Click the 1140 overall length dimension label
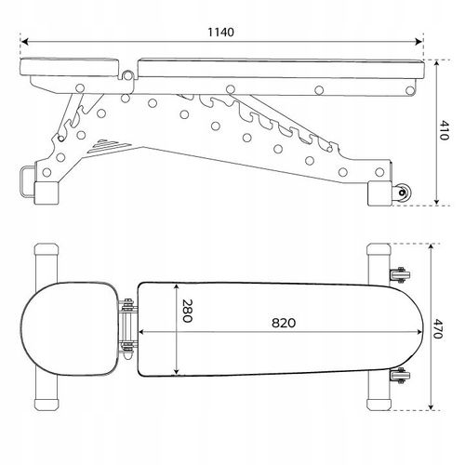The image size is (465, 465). pyautogui.click(x=220, y=33)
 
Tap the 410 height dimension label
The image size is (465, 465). pyautogui.click(x=444, y=130)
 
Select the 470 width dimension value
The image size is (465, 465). pyautogui.click(x=438, y=328)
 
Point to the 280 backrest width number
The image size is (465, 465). pyautogui.click(x=187, y=311)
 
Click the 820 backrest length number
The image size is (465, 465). pyautogui.click(x=284, y=323)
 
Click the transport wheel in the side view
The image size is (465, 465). pyautogui.click(x=403, y=193)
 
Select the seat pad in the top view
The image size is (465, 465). pyautogui.click(x=70, y=328)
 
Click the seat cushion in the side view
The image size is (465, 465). pyautogui.click(x=70, y=67)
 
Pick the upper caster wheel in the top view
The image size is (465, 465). pyautogui.click(x=400, y=275)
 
